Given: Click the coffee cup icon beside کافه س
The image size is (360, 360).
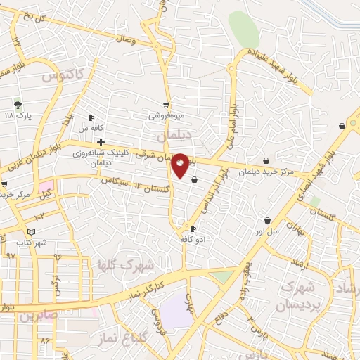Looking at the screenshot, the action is (x=91, y=117).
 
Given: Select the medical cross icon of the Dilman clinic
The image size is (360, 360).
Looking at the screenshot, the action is (x=101, y=142).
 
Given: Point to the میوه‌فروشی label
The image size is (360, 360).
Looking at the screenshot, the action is (x=165, y=115).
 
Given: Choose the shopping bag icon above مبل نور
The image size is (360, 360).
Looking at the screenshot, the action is (x=267, y=220).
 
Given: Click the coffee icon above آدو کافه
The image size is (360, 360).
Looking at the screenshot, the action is (x=193, y=229).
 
